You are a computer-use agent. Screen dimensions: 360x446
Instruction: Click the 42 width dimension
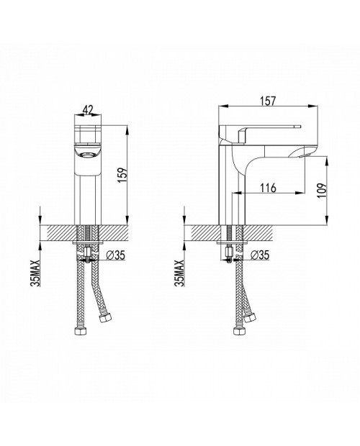click(89, 110)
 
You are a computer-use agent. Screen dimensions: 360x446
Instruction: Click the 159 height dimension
click(123, 176)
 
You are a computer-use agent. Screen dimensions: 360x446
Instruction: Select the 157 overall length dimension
click(268, 101)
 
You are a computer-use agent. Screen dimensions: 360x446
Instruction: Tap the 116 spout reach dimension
click(268, 188)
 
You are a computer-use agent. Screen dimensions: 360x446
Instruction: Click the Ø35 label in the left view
click(115, 255)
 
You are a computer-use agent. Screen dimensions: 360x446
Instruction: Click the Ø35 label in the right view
click(259, 255)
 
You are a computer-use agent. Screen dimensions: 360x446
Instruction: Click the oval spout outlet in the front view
click(88, 155)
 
